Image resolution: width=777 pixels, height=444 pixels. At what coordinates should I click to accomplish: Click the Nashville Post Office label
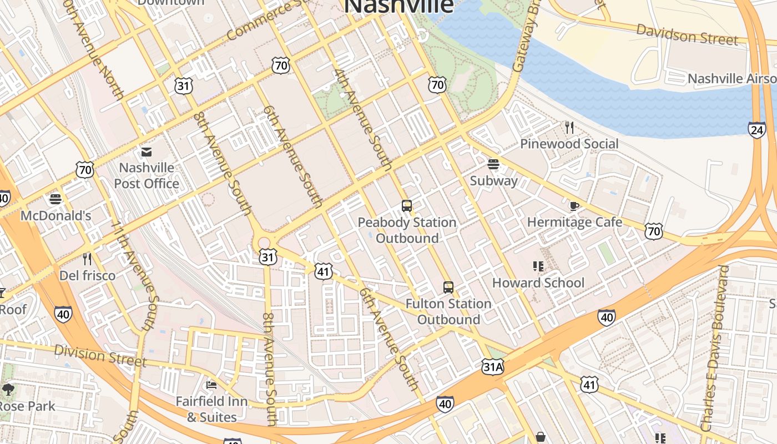tap(147, 175)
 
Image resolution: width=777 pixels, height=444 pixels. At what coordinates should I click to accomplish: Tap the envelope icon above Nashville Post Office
tap(147, 152)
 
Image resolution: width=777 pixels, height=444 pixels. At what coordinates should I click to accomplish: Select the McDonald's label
tap(56, 215)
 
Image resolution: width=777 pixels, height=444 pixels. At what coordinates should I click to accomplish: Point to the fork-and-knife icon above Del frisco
tap(87, 259)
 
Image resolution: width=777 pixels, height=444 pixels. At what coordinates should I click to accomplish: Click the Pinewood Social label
tap(569, 144)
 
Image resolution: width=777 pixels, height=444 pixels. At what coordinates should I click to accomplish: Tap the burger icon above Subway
tap(493, 164)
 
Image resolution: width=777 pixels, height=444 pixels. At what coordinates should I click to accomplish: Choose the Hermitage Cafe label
tap(574, 223)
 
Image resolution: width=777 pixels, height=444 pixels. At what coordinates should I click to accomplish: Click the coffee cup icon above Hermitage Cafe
tap(574, 206)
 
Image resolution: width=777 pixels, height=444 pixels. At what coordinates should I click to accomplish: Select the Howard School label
tap(538, 282)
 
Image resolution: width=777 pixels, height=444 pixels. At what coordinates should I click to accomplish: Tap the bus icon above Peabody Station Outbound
tap(407, 206)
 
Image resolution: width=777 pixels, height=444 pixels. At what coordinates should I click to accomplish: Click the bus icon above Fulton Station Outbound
tap(448, 287)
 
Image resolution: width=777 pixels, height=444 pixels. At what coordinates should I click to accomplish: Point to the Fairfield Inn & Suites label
tap(211, 409)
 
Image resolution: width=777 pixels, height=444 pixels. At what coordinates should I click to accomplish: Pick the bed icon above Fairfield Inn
tap(211, 385)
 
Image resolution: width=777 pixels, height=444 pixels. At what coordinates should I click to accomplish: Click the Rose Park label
tap(27, 406)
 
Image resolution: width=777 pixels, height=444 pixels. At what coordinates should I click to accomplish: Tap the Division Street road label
tap(100, 356)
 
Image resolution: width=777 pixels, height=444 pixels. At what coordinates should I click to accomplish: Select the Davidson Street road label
tap(687, 34)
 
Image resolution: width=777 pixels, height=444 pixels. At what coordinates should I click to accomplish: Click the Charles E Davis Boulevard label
tap(714, 349)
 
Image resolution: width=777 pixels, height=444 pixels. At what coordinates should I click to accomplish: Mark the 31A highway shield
tap(492, 366)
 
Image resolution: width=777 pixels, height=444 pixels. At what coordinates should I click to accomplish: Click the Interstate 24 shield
tap(756, 130)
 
